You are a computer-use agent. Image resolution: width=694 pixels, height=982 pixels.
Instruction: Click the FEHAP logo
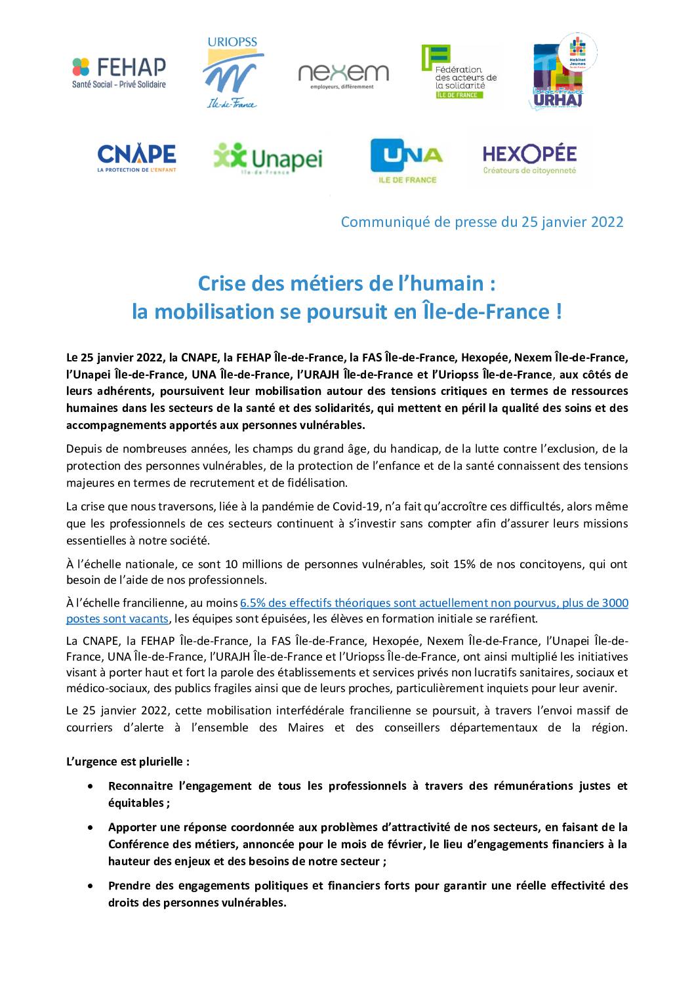[x=119, y=72]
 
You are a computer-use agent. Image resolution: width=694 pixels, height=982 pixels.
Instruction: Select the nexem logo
[x=343, y=75]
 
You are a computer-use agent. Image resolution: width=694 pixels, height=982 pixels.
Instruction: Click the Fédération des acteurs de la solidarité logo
[x=459, y=72]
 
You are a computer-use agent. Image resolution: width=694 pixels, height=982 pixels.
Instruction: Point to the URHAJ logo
[x=563, y=72]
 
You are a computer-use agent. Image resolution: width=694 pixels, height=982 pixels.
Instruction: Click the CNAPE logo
[x=136, y=158]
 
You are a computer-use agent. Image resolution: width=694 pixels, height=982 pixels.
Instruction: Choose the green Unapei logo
[x=268, y=158]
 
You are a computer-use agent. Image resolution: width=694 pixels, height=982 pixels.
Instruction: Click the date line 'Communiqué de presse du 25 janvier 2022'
[x=481, y=222]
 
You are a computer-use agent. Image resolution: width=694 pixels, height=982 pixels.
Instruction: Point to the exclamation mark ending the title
[x=558, y=311]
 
